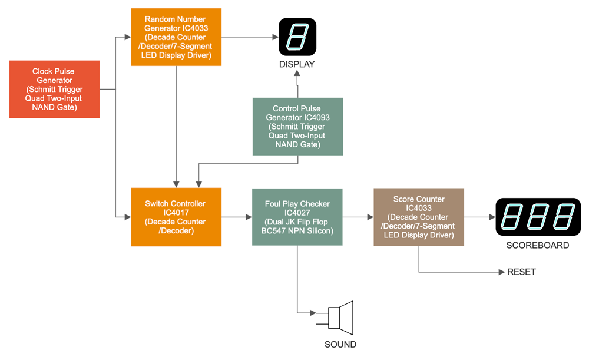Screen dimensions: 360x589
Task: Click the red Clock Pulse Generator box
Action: point(54,89)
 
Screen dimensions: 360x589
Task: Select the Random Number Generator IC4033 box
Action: point(177,37)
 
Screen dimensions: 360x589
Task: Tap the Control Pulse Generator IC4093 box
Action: point(297,126)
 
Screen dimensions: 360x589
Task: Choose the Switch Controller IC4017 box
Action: point(176,217)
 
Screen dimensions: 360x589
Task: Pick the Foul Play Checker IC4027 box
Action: point(297,217)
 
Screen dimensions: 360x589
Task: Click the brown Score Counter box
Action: point(419,217)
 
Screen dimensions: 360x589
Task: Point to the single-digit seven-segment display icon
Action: point(297,37)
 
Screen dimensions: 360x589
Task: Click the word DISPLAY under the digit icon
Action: point(297,64)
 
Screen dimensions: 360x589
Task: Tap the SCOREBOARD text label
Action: point(538,245)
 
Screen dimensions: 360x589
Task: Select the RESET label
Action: point(521,272)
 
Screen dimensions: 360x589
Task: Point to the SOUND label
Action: point(340,344)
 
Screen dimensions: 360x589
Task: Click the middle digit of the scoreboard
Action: point(538,217)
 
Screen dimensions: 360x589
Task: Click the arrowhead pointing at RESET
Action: point(501,272)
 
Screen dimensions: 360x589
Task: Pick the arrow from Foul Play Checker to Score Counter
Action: point(358,217)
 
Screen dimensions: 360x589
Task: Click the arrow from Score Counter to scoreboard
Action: point(479,217)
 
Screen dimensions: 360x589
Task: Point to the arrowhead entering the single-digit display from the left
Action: point(274,37)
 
